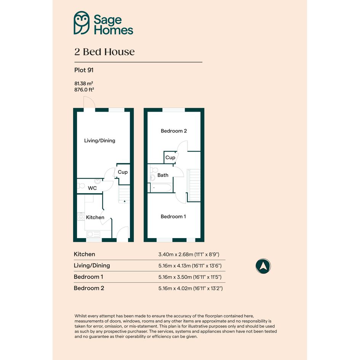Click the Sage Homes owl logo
pyautogui.click(x=82, y=23)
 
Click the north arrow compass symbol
pyautogui.click(x=263, y=266)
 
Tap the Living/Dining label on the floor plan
pyautogui.click(x=100, y=141)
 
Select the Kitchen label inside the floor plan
pyautogui.click(x=95, y=217)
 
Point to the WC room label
pyautogui.click(x=92, y=188)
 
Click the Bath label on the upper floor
pyautogui.click(x=163, y=175)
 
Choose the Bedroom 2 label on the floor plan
pyautogui.click(x=174, y=131)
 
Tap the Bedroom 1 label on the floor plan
pyautogui.click(x=173, y=216)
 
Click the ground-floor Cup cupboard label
pyautogui.click(x=123, y=172)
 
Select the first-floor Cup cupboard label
pyautogui.click(x=170, y=157)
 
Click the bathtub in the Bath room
pyautogui.click(x=161, y=187)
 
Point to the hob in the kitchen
pyautogui.click(x=81, y=216)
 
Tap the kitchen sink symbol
pyautogui.click(x=93, y=234)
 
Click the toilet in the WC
pyautogui.click(x=81, y=185)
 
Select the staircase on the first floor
pyautogui.click(x=194, y=185)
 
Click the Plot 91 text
pyautogui.click(x=84, y=70)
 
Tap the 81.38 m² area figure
pyautogui.click(x=83, y=83)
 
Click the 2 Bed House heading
pyautogui.click(x=104, y=52)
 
